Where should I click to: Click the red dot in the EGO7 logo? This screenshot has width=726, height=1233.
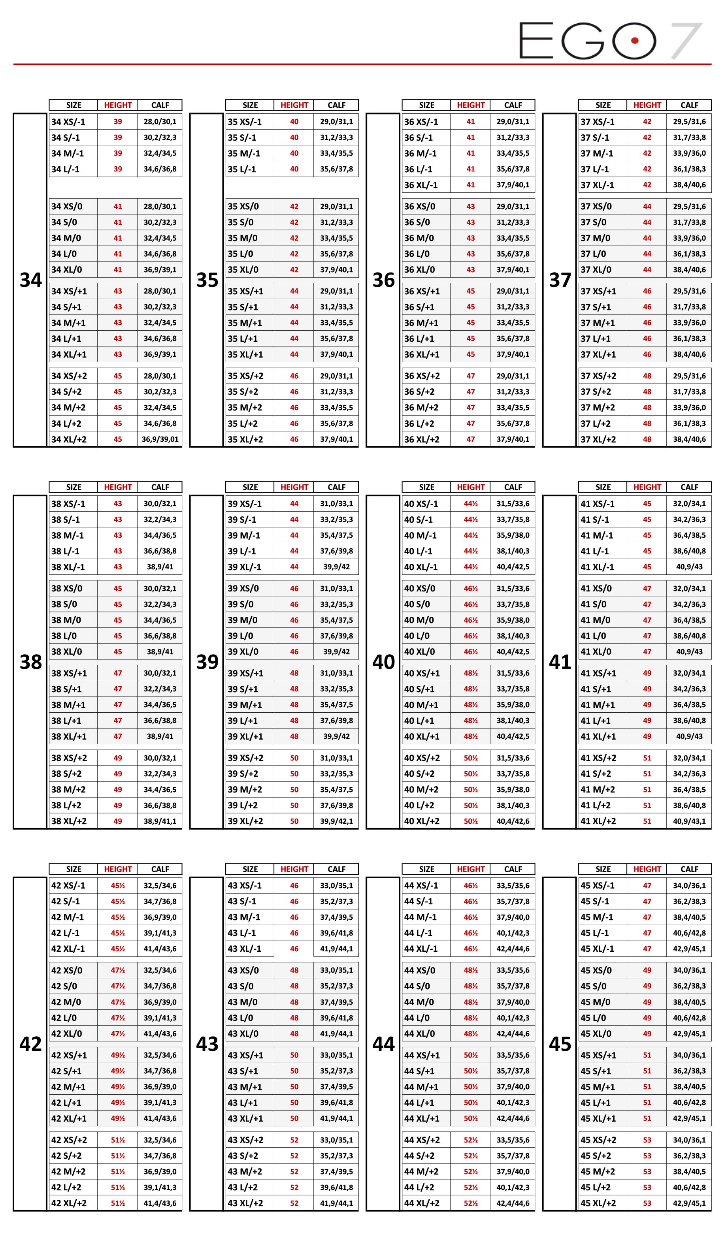(635, 41)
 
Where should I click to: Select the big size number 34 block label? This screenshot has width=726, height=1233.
(30, 280)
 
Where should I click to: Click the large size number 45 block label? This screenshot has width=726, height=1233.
(560, 1044)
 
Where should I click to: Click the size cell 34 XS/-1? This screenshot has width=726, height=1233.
(68, 122)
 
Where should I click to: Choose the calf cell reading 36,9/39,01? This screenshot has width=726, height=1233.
(160, 439)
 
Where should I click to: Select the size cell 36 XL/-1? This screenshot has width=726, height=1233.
(421, 185)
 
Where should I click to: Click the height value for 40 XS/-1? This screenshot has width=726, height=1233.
(470, 503)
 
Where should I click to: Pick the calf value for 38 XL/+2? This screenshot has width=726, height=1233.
(160, 821)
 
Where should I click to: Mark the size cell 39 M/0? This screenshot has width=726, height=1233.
(243, 620)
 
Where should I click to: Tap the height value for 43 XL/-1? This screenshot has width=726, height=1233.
(294, 948)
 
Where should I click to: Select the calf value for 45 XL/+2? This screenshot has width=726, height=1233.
(689, 1203)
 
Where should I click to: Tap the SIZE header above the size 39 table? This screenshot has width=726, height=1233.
(250, 487)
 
